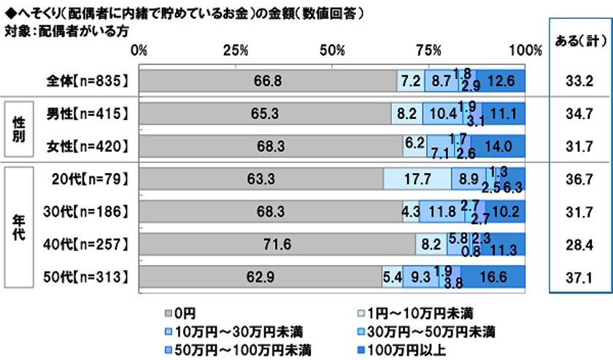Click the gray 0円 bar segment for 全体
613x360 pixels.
pos(267,81)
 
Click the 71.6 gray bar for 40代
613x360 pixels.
pos(277,244)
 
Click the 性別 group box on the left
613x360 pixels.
pos(20,130)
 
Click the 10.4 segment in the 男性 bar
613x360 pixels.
pos(444,113)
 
